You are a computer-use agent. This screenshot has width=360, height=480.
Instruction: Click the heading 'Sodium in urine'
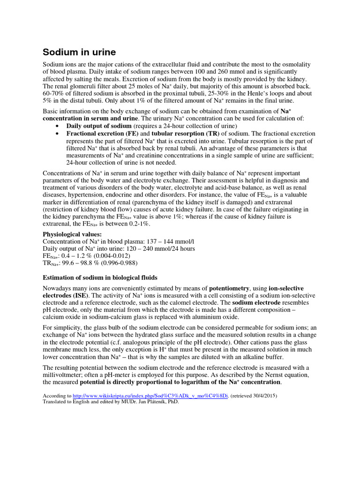pos(79,52)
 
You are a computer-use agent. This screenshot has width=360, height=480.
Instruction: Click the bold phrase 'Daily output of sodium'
pos(99,126)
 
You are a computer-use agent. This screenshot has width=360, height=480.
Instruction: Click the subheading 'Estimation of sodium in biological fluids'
pos(100,277)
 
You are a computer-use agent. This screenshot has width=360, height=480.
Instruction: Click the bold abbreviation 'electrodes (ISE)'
pos(66,296)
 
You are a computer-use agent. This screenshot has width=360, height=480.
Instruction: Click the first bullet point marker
pos(57,127)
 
